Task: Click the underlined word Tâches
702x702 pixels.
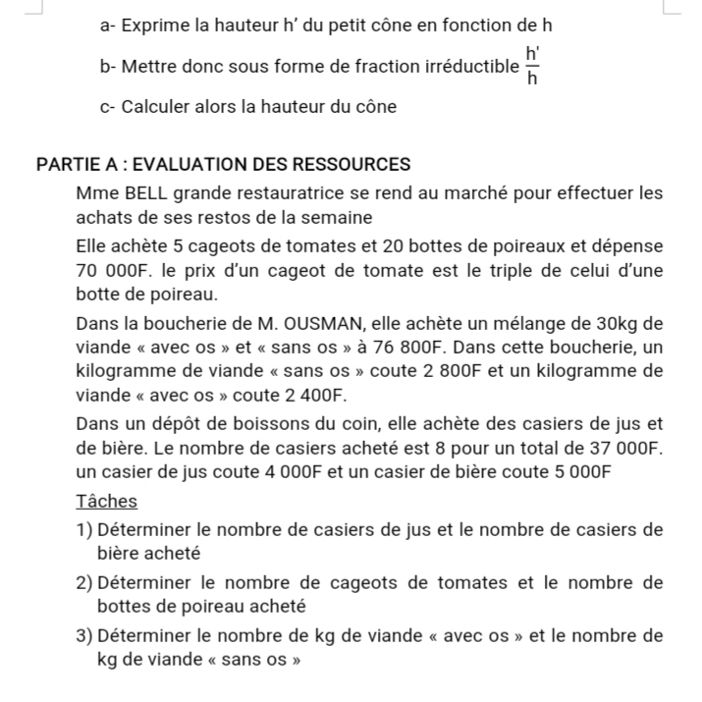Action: tap(106, 502)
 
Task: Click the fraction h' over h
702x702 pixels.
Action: tap(532, 66)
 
